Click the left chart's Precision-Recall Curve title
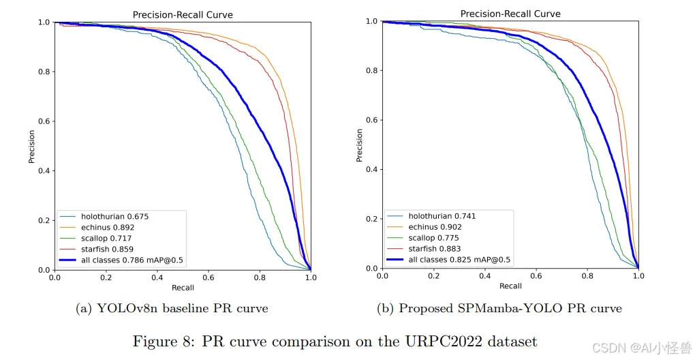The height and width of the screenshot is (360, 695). point(183,15)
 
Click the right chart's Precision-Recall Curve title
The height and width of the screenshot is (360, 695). point(510,14)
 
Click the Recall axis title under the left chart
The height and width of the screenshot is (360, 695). point(183,288)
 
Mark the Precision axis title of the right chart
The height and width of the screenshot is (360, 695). point(359,145)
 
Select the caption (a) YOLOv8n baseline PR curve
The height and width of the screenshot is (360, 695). point(172,309)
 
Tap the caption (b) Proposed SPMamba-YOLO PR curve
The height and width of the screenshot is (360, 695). point(499,309)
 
